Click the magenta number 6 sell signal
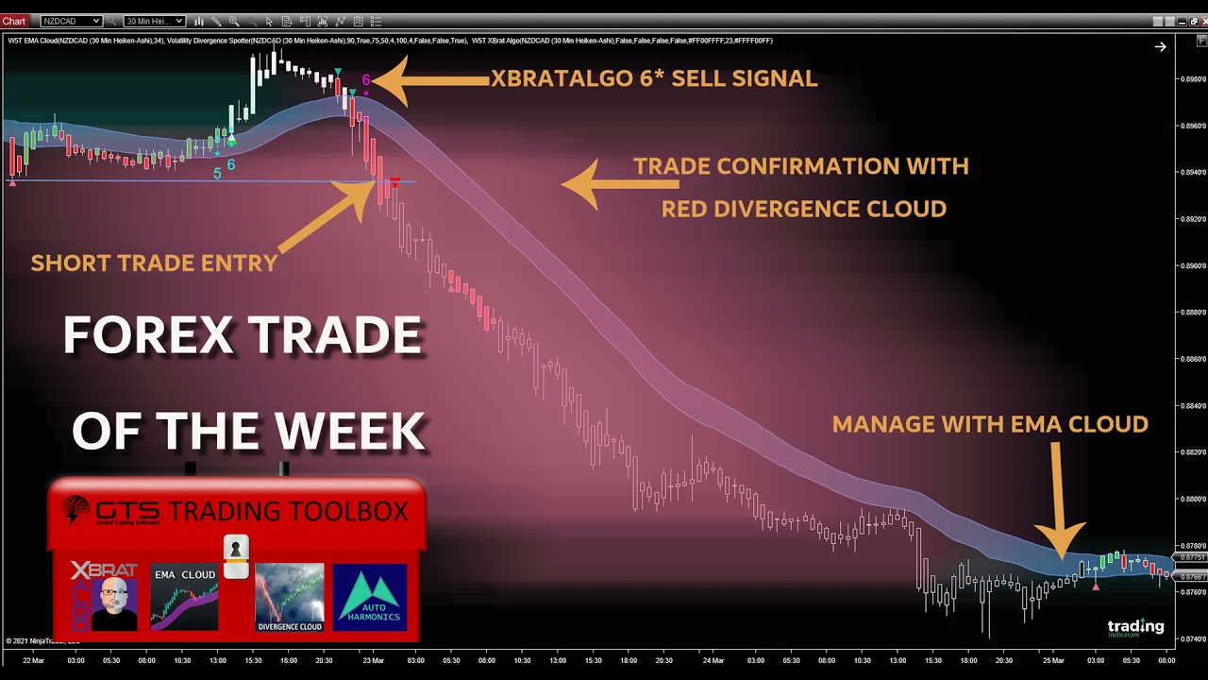366,80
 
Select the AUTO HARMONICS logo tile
369,598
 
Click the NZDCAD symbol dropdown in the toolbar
71,21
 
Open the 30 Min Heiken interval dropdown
153,21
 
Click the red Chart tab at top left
13,21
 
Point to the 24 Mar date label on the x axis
713,660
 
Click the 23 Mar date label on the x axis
374,660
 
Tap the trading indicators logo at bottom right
1135,628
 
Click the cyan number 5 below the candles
217,173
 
